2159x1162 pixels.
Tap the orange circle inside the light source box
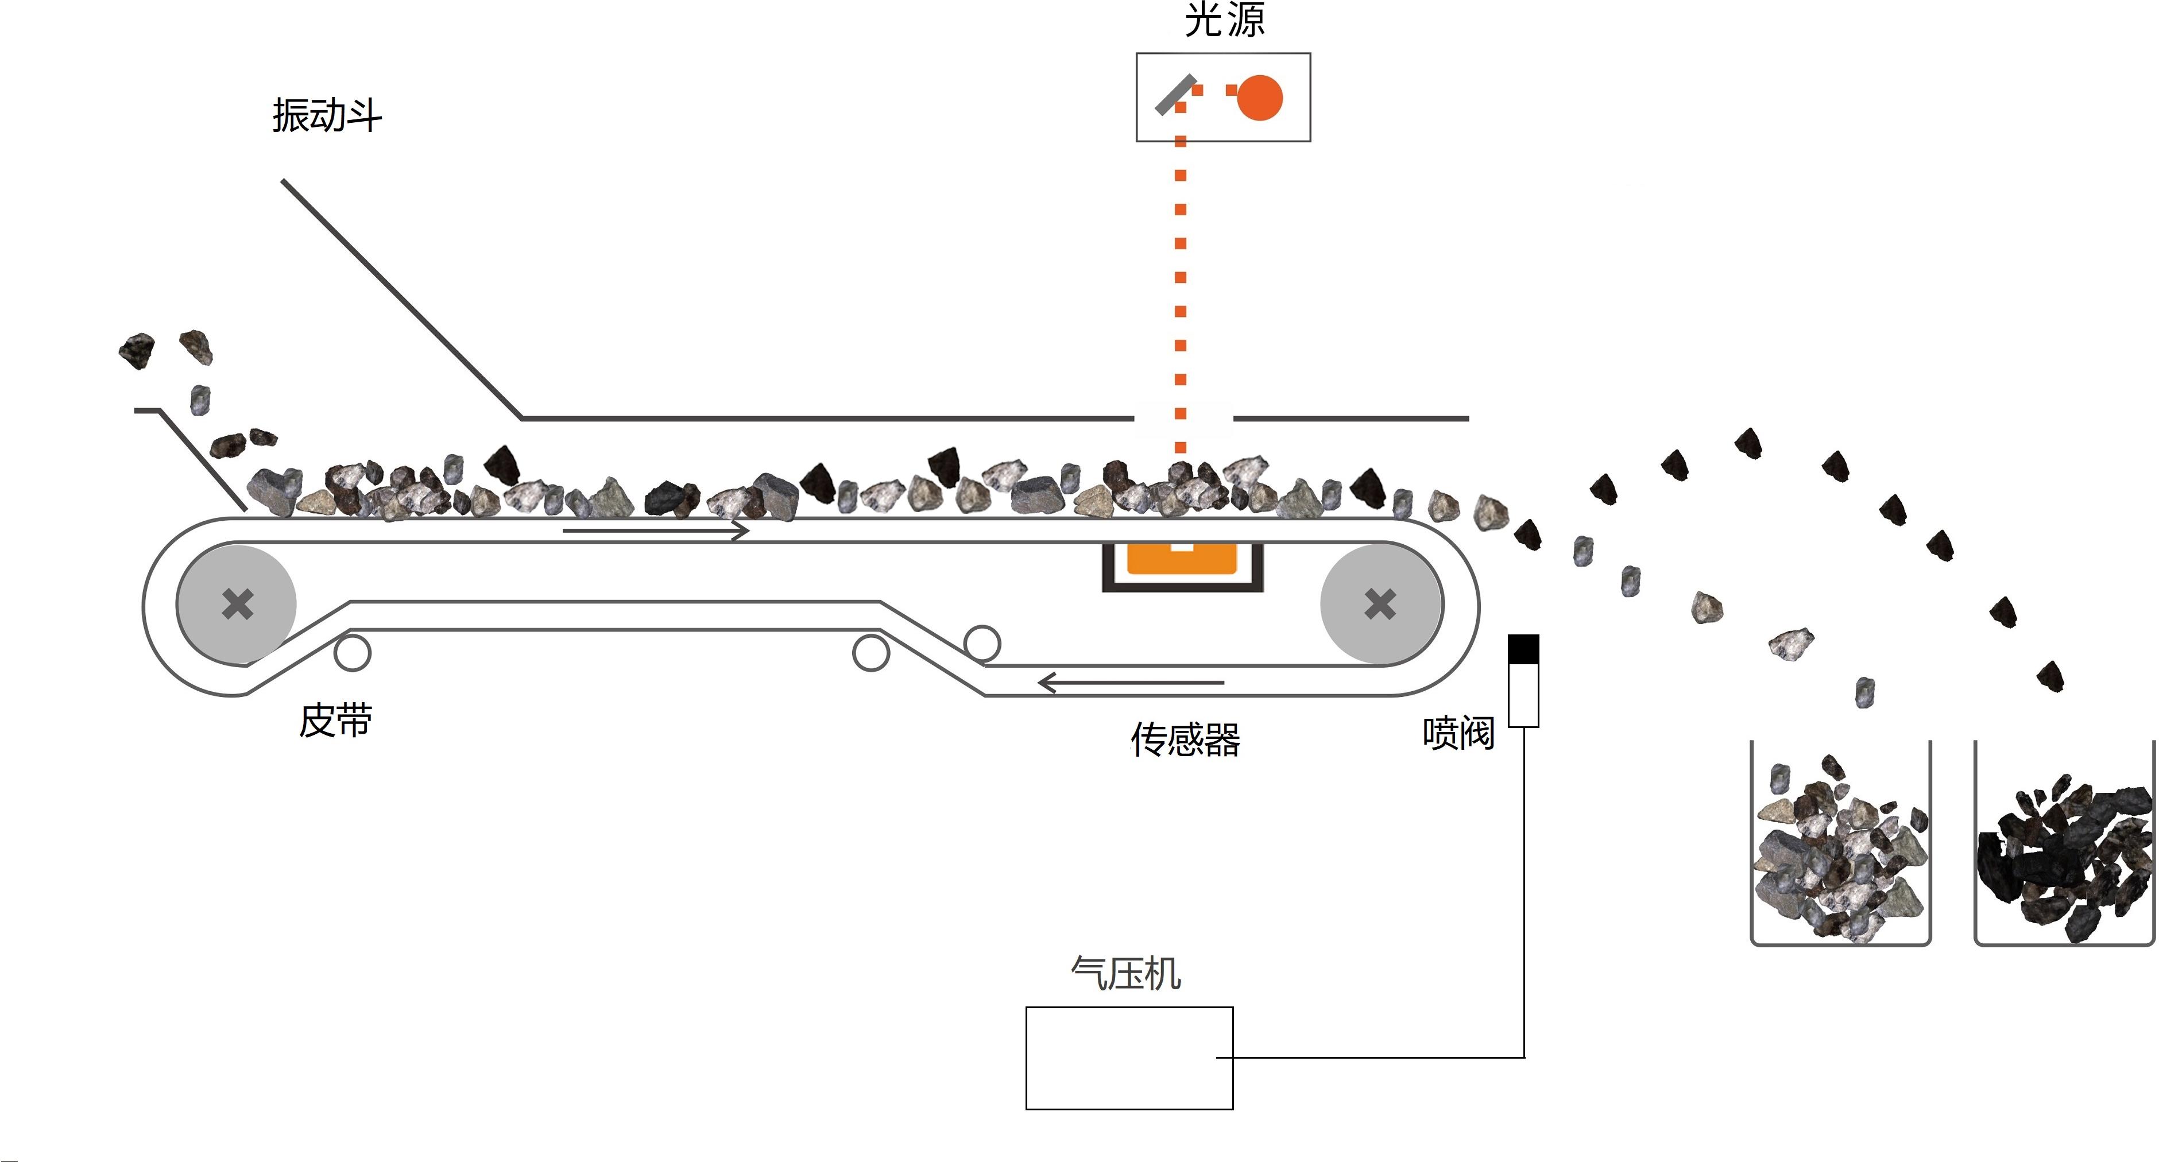pyautogui.click(x=1259, y=98)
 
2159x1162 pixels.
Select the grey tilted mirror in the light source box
pyautogui.click(x=1175, y=94)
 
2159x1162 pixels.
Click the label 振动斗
pyautogui.click(x=327, y=115)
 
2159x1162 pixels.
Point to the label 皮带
pyautogui.click(x=335, y=721)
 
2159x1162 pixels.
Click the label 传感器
pyautogui.click(x=1185, y=740)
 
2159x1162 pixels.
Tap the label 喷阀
pyautogui.click(x=1458, y=733)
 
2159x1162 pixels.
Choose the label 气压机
pyautogui.click(x=1125, y=974)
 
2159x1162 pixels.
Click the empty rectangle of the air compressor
pyautogui.click(x=1128, y=1058)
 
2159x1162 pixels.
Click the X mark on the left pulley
pyautogui.click(x=237, y=604)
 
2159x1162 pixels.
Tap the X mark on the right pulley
pyautogui.click(x=1380, y=604)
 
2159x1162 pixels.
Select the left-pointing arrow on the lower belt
pyautogui.click(x=1131, y=683)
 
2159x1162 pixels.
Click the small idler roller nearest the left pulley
pyautogui.click(x=352, y=653)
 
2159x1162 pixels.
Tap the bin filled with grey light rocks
pyautogui.click(x=1840, y=846)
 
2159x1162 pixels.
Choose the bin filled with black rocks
pyautogui.click(x=2064, y=846)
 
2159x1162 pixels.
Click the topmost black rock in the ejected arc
pyautogui.click(x=1747, y=442)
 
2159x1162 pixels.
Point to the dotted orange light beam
pyautogui.click(x=1180, y=277)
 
